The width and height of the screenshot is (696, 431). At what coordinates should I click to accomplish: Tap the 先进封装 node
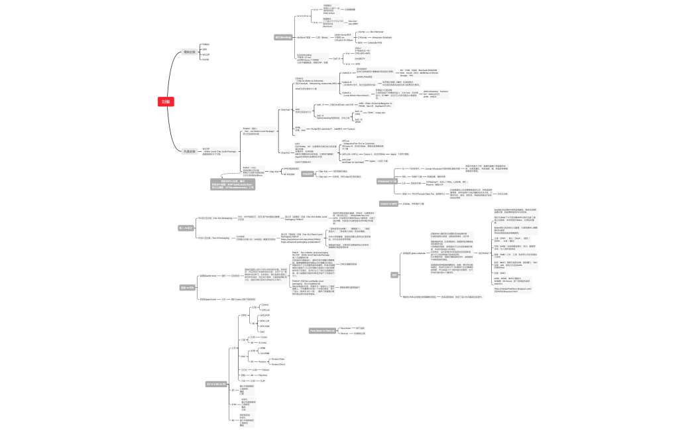click(x=190, y=152)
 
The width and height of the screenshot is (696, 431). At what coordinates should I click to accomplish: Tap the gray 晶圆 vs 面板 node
click(x=188, y=287)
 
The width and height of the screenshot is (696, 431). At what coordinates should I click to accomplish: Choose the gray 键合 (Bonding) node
click(x=284, y=37)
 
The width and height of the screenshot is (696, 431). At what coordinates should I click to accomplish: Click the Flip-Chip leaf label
click(x=264, y=375)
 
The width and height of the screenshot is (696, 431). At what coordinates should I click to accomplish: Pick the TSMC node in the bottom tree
click(x=243, y=316)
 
